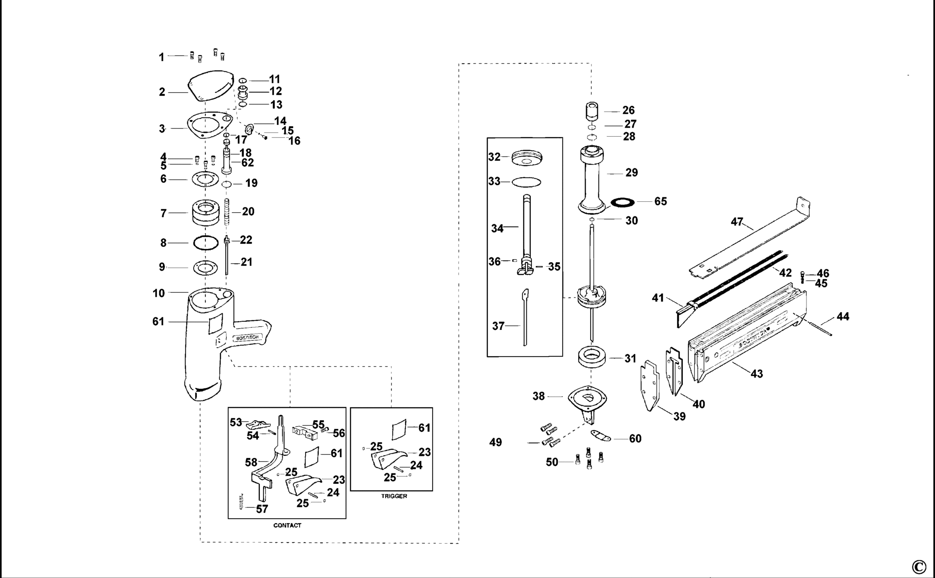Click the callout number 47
[737, 222]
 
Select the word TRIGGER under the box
[394, 496]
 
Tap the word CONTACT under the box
[287, 525]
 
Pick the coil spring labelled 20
[228, 211]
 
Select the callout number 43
[757, 374]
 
